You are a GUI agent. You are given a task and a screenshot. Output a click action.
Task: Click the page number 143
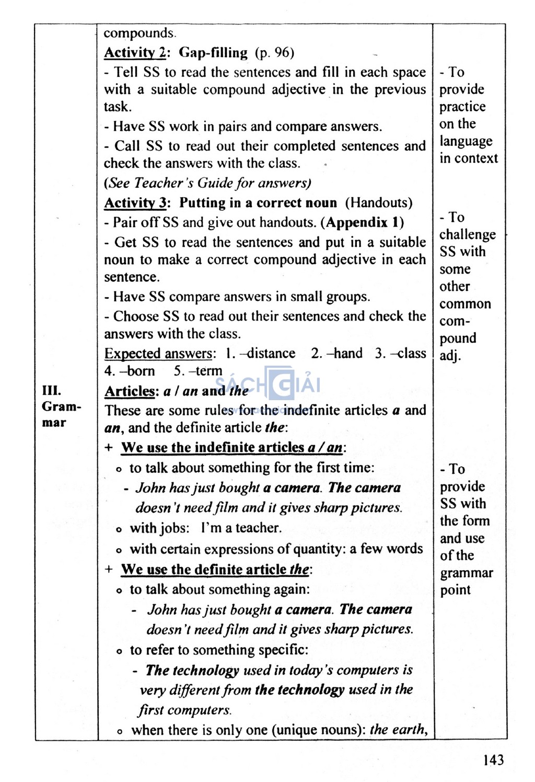pyautogui.click(x=493, y=760)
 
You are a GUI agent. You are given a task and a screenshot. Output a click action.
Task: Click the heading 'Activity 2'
pyautogui.click(x=134, y=53)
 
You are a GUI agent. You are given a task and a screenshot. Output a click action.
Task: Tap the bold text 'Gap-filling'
pyautogui.click(x=213, y=53)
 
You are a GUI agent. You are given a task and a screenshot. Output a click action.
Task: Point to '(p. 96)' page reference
pyautogui.click(x=275, y=53)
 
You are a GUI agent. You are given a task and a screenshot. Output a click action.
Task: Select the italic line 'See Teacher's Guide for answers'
pyautogui.click(x=207, y=183)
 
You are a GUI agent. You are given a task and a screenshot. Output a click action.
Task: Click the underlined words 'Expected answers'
pyautogui.click(x=159, y=354)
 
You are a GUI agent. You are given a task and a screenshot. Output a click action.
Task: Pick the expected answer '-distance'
pyautogui.click(x=267, y=354)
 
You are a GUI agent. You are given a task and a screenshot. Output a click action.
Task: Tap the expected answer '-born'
pyautogui.click(x=137, y=371)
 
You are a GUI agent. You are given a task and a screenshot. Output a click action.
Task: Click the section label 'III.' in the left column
pyautogui.click(x=52, y=391)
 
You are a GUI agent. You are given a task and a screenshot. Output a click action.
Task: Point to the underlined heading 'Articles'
pyautogui.click(x=130, y=391)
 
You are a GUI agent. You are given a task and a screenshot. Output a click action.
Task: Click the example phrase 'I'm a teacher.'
pyautogui.click(x=241, y=528)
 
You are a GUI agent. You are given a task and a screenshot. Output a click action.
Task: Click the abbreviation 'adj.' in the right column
pyautogui.click(x=450, y=356)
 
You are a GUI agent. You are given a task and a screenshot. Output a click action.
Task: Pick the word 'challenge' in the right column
pyautogui.click(x=467, y=235)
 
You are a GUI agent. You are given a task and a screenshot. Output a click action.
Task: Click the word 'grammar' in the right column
pyautogui.click(x=466, y=573)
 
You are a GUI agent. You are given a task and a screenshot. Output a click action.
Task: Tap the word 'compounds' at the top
pyautogui.click(x=139, y=33)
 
